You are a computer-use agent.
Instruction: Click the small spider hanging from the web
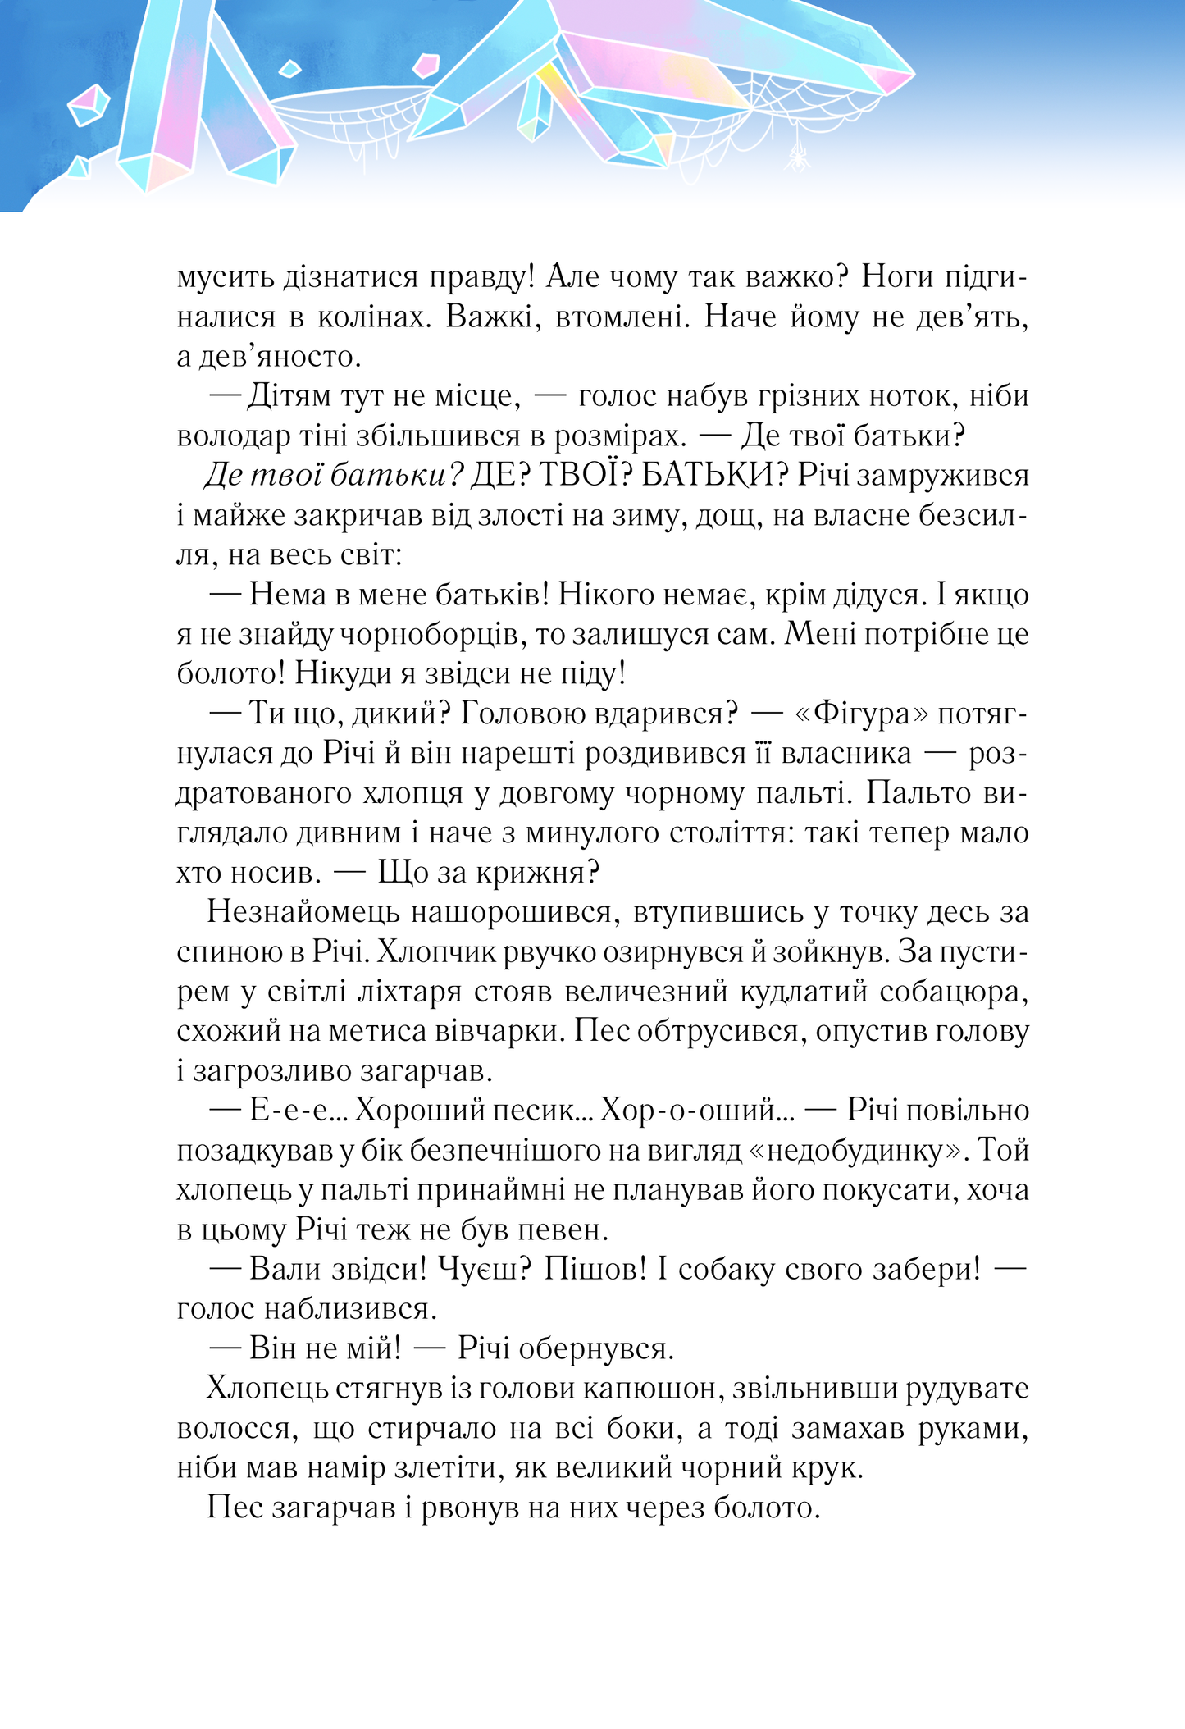point(795,156)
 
